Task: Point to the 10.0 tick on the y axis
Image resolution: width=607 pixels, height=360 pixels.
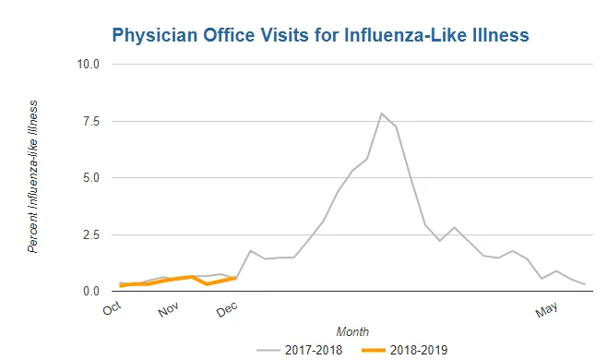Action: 89,64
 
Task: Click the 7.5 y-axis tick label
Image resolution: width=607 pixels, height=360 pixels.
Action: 91,121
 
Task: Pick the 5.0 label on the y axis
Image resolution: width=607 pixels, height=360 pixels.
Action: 91,178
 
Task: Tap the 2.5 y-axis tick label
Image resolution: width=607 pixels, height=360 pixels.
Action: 91,234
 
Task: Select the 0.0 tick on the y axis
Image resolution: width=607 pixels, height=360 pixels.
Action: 91,291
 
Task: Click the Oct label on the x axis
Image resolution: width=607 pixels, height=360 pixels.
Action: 113,308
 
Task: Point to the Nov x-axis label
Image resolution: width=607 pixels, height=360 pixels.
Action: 169,309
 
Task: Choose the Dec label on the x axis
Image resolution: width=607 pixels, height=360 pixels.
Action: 227,309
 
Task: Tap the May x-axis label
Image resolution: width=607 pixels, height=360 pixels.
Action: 547,309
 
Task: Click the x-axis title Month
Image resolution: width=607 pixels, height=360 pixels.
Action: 352,331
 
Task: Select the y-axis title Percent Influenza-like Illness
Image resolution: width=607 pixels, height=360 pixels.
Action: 33,176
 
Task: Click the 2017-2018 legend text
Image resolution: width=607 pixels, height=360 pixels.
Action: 314,351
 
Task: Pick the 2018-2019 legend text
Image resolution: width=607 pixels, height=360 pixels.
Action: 419,351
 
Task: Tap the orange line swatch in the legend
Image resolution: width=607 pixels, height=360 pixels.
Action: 374,351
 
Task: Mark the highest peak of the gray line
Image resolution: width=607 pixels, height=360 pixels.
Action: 381,114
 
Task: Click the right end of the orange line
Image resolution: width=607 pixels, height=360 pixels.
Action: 236,278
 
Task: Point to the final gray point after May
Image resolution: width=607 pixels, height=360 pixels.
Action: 585,284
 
